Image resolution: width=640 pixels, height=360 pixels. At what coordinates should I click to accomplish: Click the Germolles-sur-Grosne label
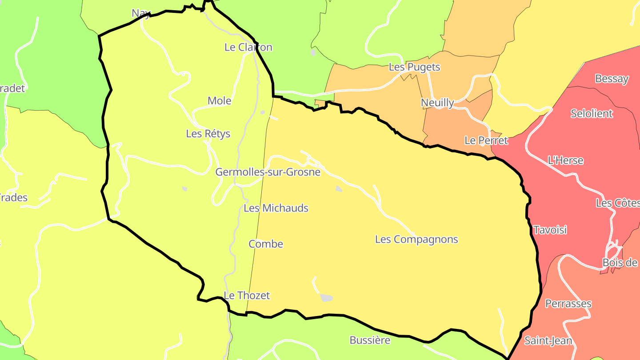coord(268,172)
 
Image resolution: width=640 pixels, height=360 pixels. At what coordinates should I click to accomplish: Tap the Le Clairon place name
coord(248,47)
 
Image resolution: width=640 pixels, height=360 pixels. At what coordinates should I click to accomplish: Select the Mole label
coord(220,101)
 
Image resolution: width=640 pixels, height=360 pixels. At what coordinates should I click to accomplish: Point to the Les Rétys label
coord(208,133)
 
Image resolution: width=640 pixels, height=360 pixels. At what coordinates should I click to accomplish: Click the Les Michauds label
coord(276,208)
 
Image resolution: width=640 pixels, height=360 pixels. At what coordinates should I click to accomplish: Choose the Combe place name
coord(266,244)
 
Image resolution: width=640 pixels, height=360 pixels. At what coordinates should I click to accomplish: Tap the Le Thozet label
coord(247,296)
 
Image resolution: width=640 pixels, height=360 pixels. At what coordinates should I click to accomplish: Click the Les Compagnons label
coord(416,239)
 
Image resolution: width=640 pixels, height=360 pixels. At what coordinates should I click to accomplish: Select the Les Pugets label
coord(414,67)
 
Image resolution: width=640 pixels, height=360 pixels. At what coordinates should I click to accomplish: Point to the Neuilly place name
coord(437,103)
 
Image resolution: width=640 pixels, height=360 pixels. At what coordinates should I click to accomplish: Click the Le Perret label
coord(486,140)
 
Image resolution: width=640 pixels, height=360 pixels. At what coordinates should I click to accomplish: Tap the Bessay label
coord(612,79)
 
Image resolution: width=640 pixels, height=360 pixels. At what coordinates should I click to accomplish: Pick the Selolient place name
coord(592,113)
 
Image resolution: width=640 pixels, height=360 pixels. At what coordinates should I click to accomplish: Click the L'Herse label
coord(565,160)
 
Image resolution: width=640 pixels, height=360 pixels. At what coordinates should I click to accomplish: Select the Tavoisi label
coord(550,230)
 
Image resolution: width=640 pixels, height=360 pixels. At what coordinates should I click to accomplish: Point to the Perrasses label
coord(568,304)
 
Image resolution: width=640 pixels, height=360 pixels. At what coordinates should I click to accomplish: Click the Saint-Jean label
coord(548,341)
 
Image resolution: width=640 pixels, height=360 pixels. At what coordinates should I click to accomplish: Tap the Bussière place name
coord(370,340)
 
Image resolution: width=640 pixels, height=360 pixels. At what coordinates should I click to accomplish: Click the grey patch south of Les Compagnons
coord(327,298)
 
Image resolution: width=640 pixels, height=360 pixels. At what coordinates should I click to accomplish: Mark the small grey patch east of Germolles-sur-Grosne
coord(339,189)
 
